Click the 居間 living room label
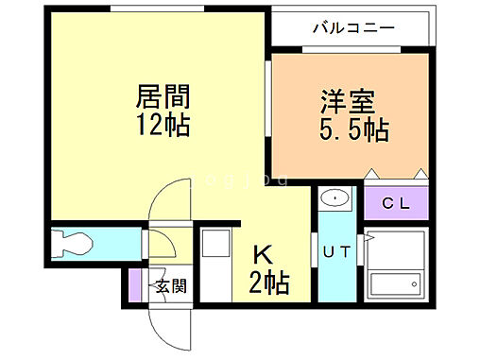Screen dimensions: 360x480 coord(163,96)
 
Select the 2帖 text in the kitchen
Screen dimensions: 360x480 coord(267,281)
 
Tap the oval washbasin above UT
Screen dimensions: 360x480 coord(334,198)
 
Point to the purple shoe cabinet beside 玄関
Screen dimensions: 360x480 coord(134,286)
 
